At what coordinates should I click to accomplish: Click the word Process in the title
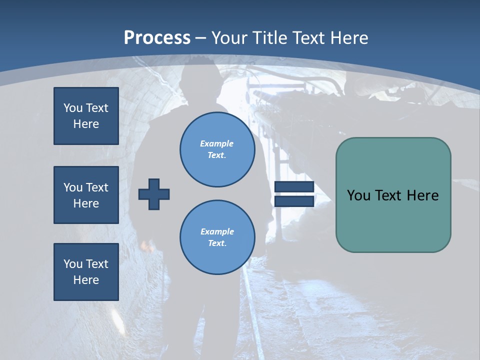157,38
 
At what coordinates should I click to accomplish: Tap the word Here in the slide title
348,38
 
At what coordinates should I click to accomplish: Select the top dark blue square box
86,116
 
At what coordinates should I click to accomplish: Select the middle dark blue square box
86,195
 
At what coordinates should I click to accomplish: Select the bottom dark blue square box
86,271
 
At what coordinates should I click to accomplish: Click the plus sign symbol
154,194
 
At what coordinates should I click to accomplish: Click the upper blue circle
217,149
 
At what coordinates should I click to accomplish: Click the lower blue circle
217,237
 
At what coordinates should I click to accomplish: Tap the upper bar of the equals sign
294,187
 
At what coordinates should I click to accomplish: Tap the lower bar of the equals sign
294,201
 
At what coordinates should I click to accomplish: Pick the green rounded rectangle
393,220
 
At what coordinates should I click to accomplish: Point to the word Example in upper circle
216,143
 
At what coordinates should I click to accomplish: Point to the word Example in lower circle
217,231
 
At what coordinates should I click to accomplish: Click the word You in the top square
73,108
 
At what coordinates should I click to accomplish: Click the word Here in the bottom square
86,280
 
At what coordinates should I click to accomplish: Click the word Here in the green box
423,195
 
